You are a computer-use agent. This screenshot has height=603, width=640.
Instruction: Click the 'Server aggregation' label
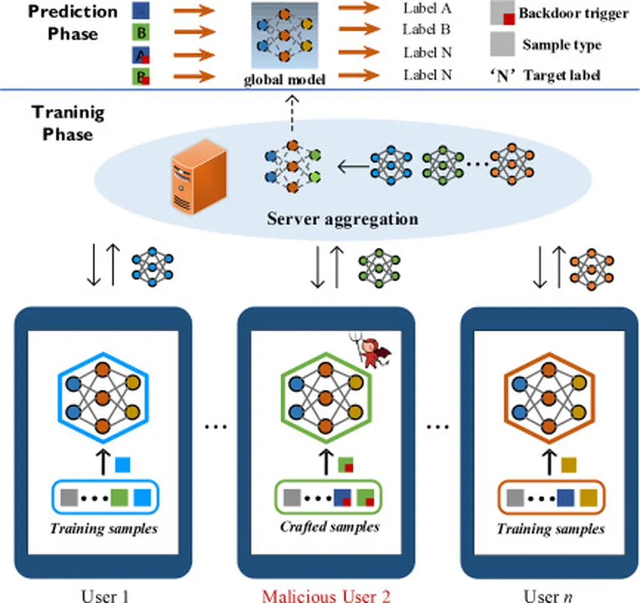click(x=342, y=219)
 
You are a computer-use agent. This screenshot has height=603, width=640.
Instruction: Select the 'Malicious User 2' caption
click(x=326, y=595)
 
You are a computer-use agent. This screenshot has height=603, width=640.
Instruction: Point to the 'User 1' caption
click(x=106, y=595)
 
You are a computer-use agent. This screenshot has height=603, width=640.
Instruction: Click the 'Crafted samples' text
click(x=329, y=527)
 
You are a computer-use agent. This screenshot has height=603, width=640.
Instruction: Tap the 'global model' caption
click(x=284, y=80)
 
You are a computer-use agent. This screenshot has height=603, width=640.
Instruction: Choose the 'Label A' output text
click(x=427, y=9)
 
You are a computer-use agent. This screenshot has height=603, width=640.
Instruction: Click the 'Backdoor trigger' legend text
click(x=573, y=14)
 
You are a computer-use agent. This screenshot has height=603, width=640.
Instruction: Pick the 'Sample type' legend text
click(x=562, y=45)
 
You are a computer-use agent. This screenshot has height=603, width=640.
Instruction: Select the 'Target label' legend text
click(x=562, y=76)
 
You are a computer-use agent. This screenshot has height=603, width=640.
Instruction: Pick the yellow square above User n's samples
click(x=569, y=465)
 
